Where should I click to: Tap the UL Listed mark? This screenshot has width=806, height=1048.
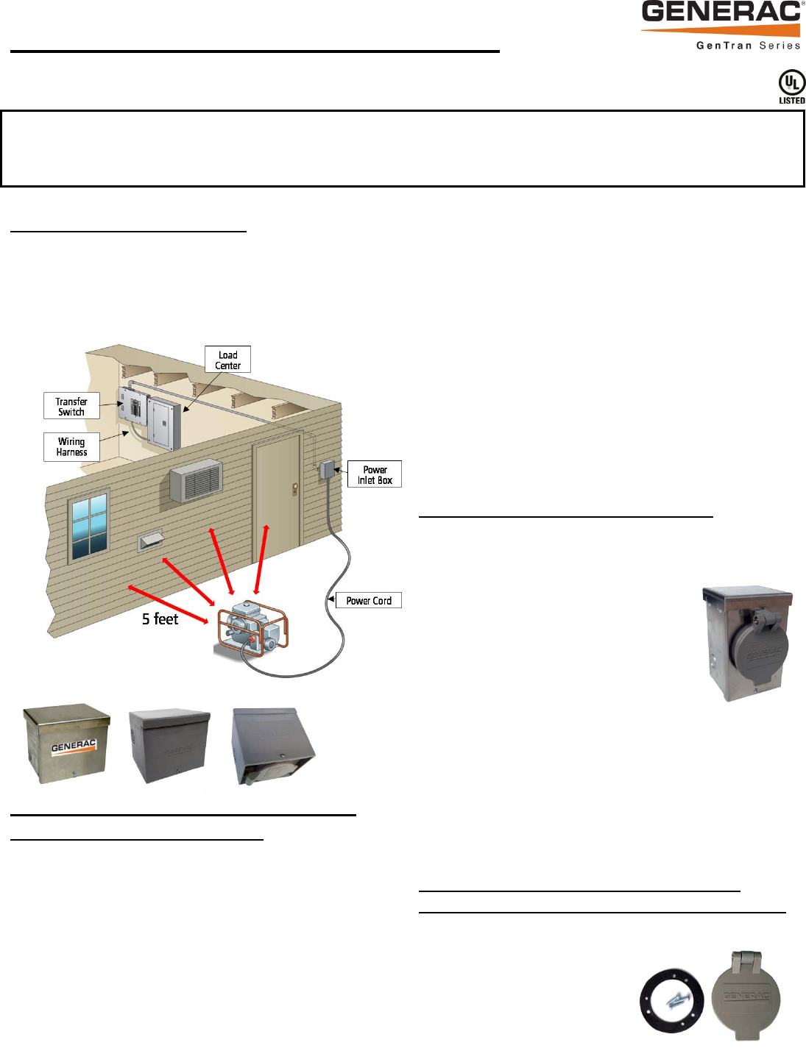coord(791,87)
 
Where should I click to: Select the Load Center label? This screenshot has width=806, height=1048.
coord(227,360)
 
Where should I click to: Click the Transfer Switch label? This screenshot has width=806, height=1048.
coord(71,406)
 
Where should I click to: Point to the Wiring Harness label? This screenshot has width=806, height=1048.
coord(71,446)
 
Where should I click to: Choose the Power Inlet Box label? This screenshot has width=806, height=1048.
coord(375,474)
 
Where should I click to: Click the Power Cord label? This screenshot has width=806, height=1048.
coord(369,600)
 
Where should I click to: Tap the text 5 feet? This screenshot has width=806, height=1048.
coord(160,619)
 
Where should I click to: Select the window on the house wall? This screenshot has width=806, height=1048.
coord(89,527)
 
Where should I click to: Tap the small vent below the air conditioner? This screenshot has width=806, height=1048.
coord(152,541)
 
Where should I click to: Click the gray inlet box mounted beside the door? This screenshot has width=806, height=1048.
coord(328,469)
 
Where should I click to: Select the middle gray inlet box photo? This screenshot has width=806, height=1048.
coord(169,744)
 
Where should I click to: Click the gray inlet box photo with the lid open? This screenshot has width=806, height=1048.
coord(272,746)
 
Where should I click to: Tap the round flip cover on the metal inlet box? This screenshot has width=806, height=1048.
coord(758,646)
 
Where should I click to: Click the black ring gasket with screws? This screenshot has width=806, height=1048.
coord(672,1001)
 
